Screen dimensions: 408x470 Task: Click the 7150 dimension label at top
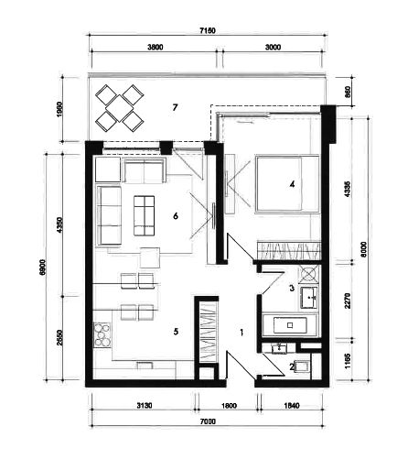[x=208, y=30]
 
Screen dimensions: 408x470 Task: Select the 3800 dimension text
[x=156, y=47]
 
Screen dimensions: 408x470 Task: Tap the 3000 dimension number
[x=273, y=47]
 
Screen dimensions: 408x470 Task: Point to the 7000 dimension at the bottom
[x=208, y=421]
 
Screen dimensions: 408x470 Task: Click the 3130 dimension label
[x=145, y=406]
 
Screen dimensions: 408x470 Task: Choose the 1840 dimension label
[x=292, y=406]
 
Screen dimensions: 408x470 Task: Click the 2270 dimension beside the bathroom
[x=348, y=301]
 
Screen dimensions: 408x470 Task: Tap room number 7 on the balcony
[x=175, y=107]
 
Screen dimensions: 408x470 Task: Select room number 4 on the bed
[x=292, y=184]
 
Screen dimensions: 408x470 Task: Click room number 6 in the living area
[x=176, y=216]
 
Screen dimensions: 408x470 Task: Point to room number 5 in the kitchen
[x=176, y=332]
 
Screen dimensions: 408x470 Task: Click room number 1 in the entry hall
[x=242, y=333]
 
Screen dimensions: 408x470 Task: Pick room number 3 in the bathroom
[x=292, y=288]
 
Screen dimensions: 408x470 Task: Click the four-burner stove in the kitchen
[x=102, y=336]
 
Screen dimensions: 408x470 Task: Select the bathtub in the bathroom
[x=290, y=325]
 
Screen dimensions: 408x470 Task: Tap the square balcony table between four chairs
[x=120, y=108]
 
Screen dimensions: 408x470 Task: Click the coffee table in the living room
[x=144, y=215]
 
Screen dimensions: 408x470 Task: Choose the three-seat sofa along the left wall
[x=109, y=216]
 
